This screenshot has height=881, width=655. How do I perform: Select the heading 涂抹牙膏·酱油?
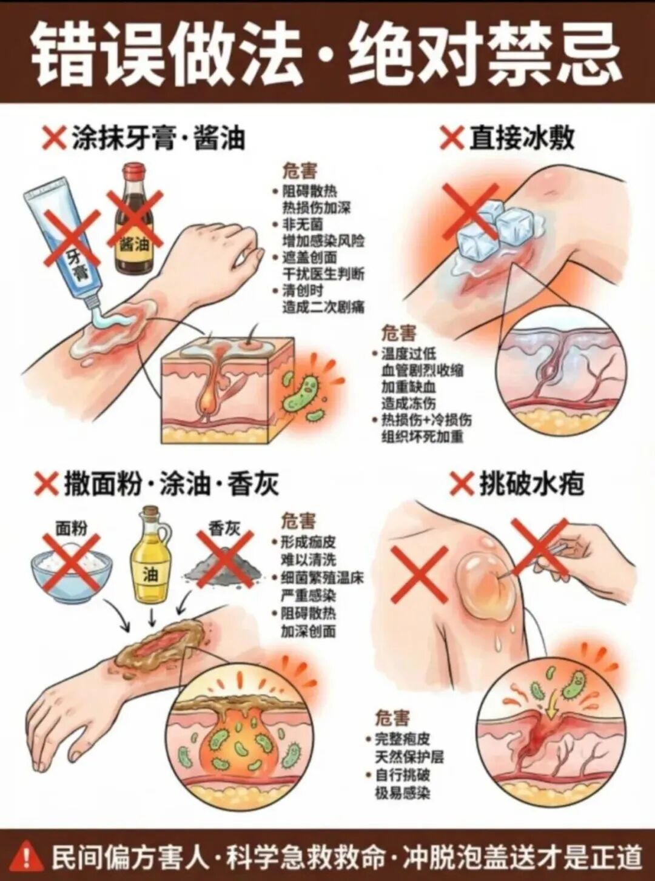tap(158, 138)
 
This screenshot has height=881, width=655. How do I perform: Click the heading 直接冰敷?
tap(522, 139)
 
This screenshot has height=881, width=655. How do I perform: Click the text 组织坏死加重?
tap(423, 437)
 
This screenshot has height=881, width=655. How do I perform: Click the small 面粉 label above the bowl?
tap(72, 529)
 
